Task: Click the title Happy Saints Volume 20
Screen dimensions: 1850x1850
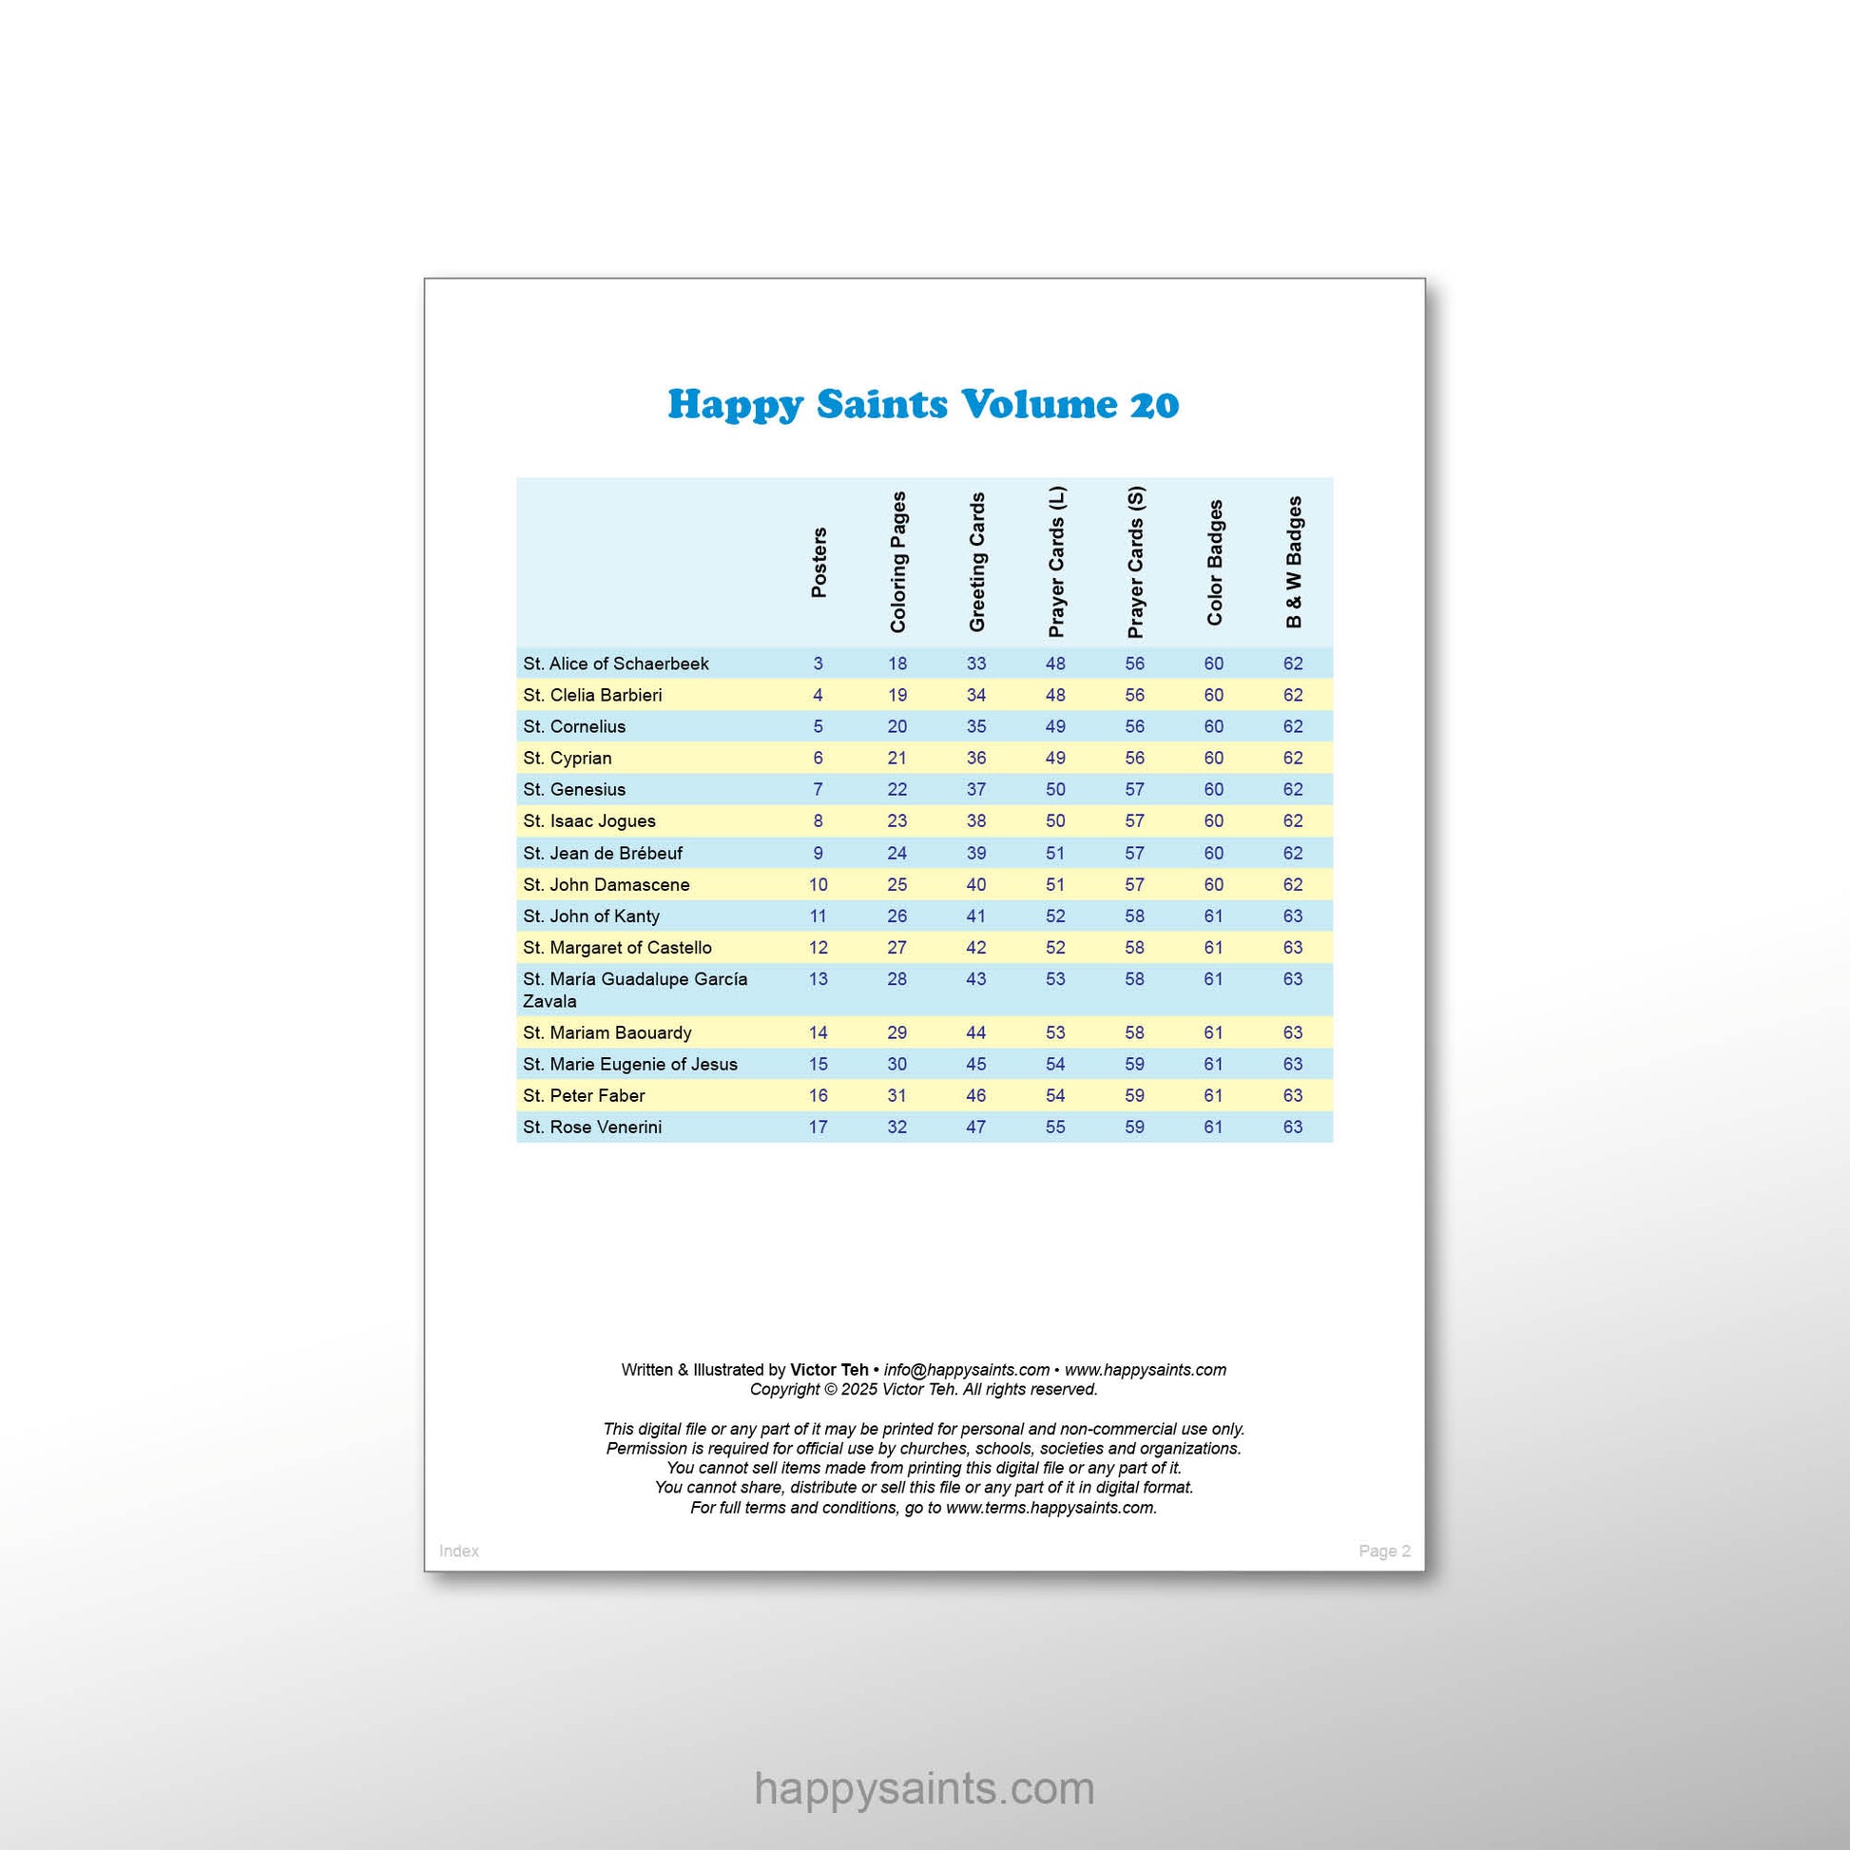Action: (923, 404)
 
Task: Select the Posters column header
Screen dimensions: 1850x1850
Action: (819, 562)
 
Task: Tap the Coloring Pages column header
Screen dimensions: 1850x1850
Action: (897, 562)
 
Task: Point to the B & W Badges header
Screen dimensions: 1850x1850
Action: (1294, 562)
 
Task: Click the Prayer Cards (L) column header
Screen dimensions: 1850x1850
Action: (1056, 562)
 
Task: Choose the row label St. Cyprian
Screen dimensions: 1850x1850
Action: (567, 759)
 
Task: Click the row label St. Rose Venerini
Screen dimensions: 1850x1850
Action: (591, 1127)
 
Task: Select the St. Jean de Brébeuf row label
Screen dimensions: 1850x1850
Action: (603, 853)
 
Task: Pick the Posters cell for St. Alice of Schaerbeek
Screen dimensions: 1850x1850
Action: (818, 664)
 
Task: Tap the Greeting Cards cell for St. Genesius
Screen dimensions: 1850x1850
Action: (975, 790)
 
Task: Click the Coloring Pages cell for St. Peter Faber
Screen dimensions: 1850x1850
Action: (897, 1095)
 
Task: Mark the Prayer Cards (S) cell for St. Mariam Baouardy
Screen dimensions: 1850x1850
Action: (1135, 1033)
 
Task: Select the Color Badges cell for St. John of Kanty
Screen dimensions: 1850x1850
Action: (1213, 916)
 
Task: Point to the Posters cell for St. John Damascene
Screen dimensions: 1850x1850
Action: (818, 885)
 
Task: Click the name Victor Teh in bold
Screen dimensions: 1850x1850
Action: (828, 1370)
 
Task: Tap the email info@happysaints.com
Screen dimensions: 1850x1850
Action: (966, 1370)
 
